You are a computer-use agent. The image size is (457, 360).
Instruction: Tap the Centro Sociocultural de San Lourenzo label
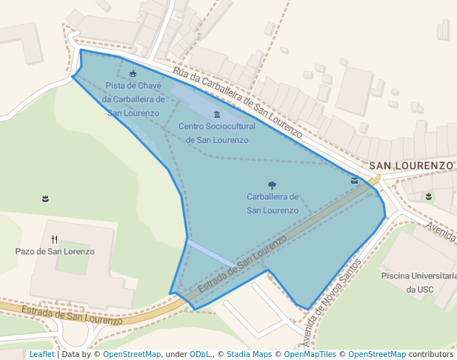tap(216, 133)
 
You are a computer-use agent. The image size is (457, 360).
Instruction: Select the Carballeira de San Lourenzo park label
tap(273, 204)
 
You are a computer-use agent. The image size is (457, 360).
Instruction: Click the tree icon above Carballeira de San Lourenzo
tap(272, 185)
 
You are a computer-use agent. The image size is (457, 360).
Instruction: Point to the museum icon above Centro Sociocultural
tap(216, 115)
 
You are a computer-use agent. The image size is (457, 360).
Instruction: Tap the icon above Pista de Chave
tap(133, 73)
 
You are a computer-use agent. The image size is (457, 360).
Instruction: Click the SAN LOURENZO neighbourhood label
tap(410, 165)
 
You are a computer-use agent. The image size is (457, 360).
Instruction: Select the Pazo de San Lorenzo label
tap(55, 251)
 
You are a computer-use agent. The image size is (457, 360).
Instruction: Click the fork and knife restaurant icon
tap(55, 239)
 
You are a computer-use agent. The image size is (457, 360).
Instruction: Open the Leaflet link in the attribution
tap(41, 354)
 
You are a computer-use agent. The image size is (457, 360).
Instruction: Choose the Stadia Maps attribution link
tap(249, 354)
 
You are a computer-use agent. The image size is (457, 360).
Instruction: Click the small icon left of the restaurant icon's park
tap(46, 198)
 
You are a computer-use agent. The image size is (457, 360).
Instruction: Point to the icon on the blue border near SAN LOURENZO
tap(355, 180)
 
